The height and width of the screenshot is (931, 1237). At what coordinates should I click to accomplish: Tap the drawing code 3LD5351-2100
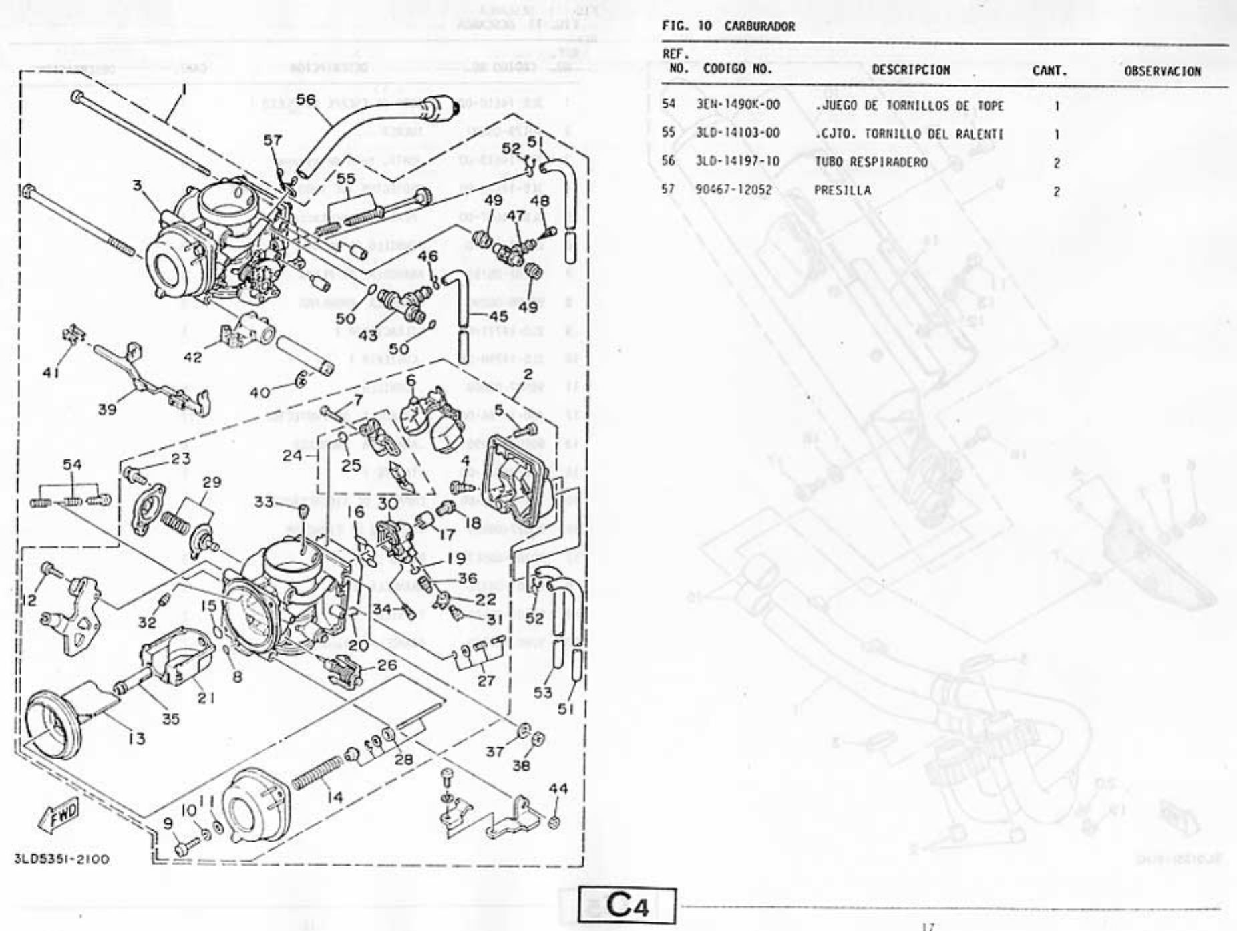coord(61,858)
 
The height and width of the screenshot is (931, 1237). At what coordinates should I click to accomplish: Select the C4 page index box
coord(627,906)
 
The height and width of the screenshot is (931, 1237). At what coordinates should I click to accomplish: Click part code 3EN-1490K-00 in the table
coord(737,105)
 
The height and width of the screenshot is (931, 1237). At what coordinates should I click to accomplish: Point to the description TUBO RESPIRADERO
coord(870,162)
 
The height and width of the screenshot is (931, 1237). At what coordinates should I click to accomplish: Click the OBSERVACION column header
coord(1162,71)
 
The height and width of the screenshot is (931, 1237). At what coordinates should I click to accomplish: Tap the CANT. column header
coord(1049,71)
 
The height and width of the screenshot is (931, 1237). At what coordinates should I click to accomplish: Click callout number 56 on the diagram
coord(306,100)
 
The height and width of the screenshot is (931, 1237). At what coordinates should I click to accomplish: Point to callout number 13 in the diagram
coord(136,738)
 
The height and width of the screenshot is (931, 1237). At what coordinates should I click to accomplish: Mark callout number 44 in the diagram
coord(558,789)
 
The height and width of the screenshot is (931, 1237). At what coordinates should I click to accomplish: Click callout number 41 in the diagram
coord(51,373)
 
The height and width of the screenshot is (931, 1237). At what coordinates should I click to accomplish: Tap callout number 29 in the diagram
coord(212,482)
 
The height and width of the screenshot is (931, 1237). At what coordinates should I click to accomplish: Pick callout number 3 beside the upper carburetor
coord(137,185)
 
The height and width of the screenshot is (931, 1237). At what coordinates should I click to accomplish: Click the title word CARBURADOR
coord(759,27)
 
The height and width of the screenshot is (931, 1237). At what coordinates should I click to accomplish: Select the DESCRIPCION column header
coord(910,69)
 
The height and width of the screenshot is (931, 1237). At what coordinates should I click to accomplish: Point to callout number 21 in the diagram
coord(205,697)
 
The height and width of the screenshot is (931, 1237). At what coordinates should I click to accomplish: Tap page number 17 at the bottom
coord(927,926)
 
